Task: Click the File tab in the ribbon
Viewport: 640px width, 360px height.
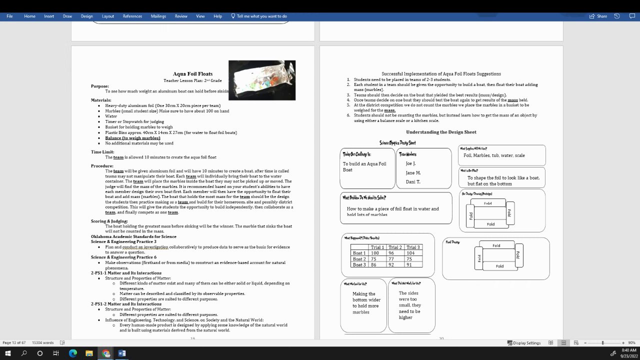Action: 9,16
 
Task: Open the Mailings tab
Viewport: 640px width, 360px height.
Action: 158,16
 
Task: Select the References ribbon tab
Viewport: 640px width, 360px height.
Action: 132,16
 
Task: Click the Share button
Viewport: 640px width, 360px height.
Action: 598,16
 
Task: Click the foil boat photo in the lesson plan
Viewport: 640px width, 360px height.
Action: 261,80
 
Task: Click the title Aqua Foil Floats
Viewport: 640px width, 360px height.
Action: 192,73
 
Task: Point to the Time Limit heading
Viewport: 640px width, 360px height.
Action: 102,152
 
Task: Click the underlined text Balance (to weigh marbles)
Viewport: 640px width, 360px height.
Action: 132,138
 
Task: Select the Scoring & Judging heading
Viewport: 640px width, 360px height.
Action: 109,221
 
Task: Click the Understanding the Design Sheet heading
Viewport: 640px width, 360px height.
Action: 441,132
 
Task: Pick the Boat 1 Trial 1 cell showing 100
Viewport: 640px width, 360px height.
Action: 374,253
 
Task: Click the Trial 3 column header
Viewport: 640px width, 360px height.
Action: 413,247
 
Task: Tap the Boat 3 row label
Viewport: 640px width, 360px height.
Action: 359,264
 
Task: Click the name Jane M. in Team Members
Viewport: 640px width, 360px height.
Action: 413,172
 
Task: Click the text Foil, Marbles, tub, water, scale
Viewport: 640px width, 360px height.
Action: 494,155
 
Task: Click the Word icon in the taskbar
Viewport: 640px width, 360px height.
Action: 122,353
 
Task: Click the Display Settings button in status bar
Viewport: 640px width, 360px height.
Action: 524,343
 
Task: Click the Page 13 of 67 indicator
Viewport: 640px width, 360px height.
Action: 14,342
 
